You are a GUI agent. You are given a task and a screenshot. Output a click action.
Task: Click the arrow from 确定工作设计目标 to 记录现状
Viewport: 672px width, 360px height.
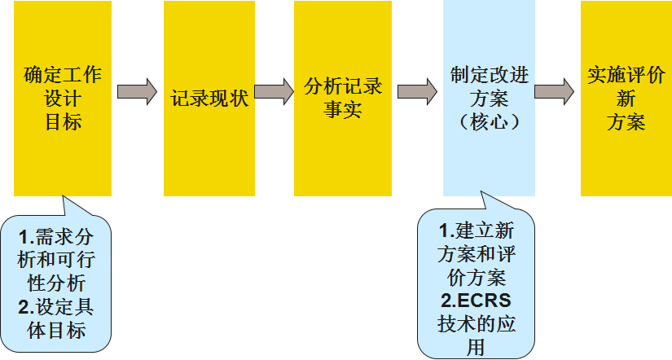137,90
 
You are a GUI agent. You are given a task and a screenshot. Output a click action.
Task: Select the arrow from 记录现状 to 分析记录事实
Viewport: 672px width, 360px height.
274,90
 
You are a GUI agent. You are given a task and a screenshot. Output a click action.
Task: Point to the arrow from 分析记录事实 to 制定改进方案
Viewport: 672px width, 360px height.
417,90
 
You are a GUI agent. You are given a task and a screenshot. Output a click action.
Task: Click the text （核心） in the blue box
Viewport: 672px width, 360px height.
490,122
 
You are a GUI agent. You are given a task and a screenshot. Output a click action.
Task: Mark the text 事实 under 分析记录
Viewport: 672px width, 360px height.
343,110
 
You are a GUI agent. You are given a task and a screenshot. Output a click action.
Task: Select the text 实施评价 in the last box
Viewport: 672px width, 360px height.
626,77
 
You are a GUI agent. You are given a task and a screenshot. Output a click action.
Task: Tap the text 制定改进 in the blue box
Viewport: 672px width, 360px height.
490,75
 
